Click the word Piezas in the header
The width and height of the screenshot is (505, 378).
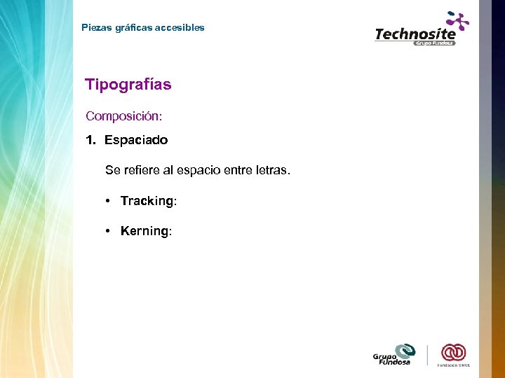pyautogui.click(x=95, y=28)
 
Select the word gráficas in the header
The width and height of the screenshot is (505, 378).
pyautogui.click(x=132, y=28)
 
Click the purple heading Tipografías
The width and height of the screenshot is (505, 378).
pyautogui.click(x=128, y=85)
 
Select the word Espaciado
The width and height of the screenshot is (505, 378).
pyautogui.click(x=136, y=140)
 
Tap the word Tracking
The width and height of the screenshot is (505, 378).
pyautogui.click(x=147, y=201)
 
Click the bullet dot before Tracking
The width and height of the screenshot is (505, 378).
pyautogui.click(x=109, y=201)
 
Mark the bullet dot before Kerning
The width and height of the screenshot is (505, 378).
pyautogui.click(x=109, y=231)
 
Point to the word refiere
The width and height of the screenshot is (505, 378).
pyautogui.click(x=138, y=170)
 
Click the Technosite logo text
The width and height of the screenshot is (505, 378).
pyautogui.click(x=415, y=34)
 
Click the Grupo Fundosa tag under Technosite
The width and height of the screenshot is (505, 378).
pyautogui.click(x=434, y=43)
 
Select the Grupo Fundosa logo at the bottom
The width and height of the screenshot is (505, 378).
pyautogui.click(x=395, y=354)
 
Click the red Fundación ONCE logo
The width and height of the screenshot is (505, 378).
pyautogui.click(x=453, y=353)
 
